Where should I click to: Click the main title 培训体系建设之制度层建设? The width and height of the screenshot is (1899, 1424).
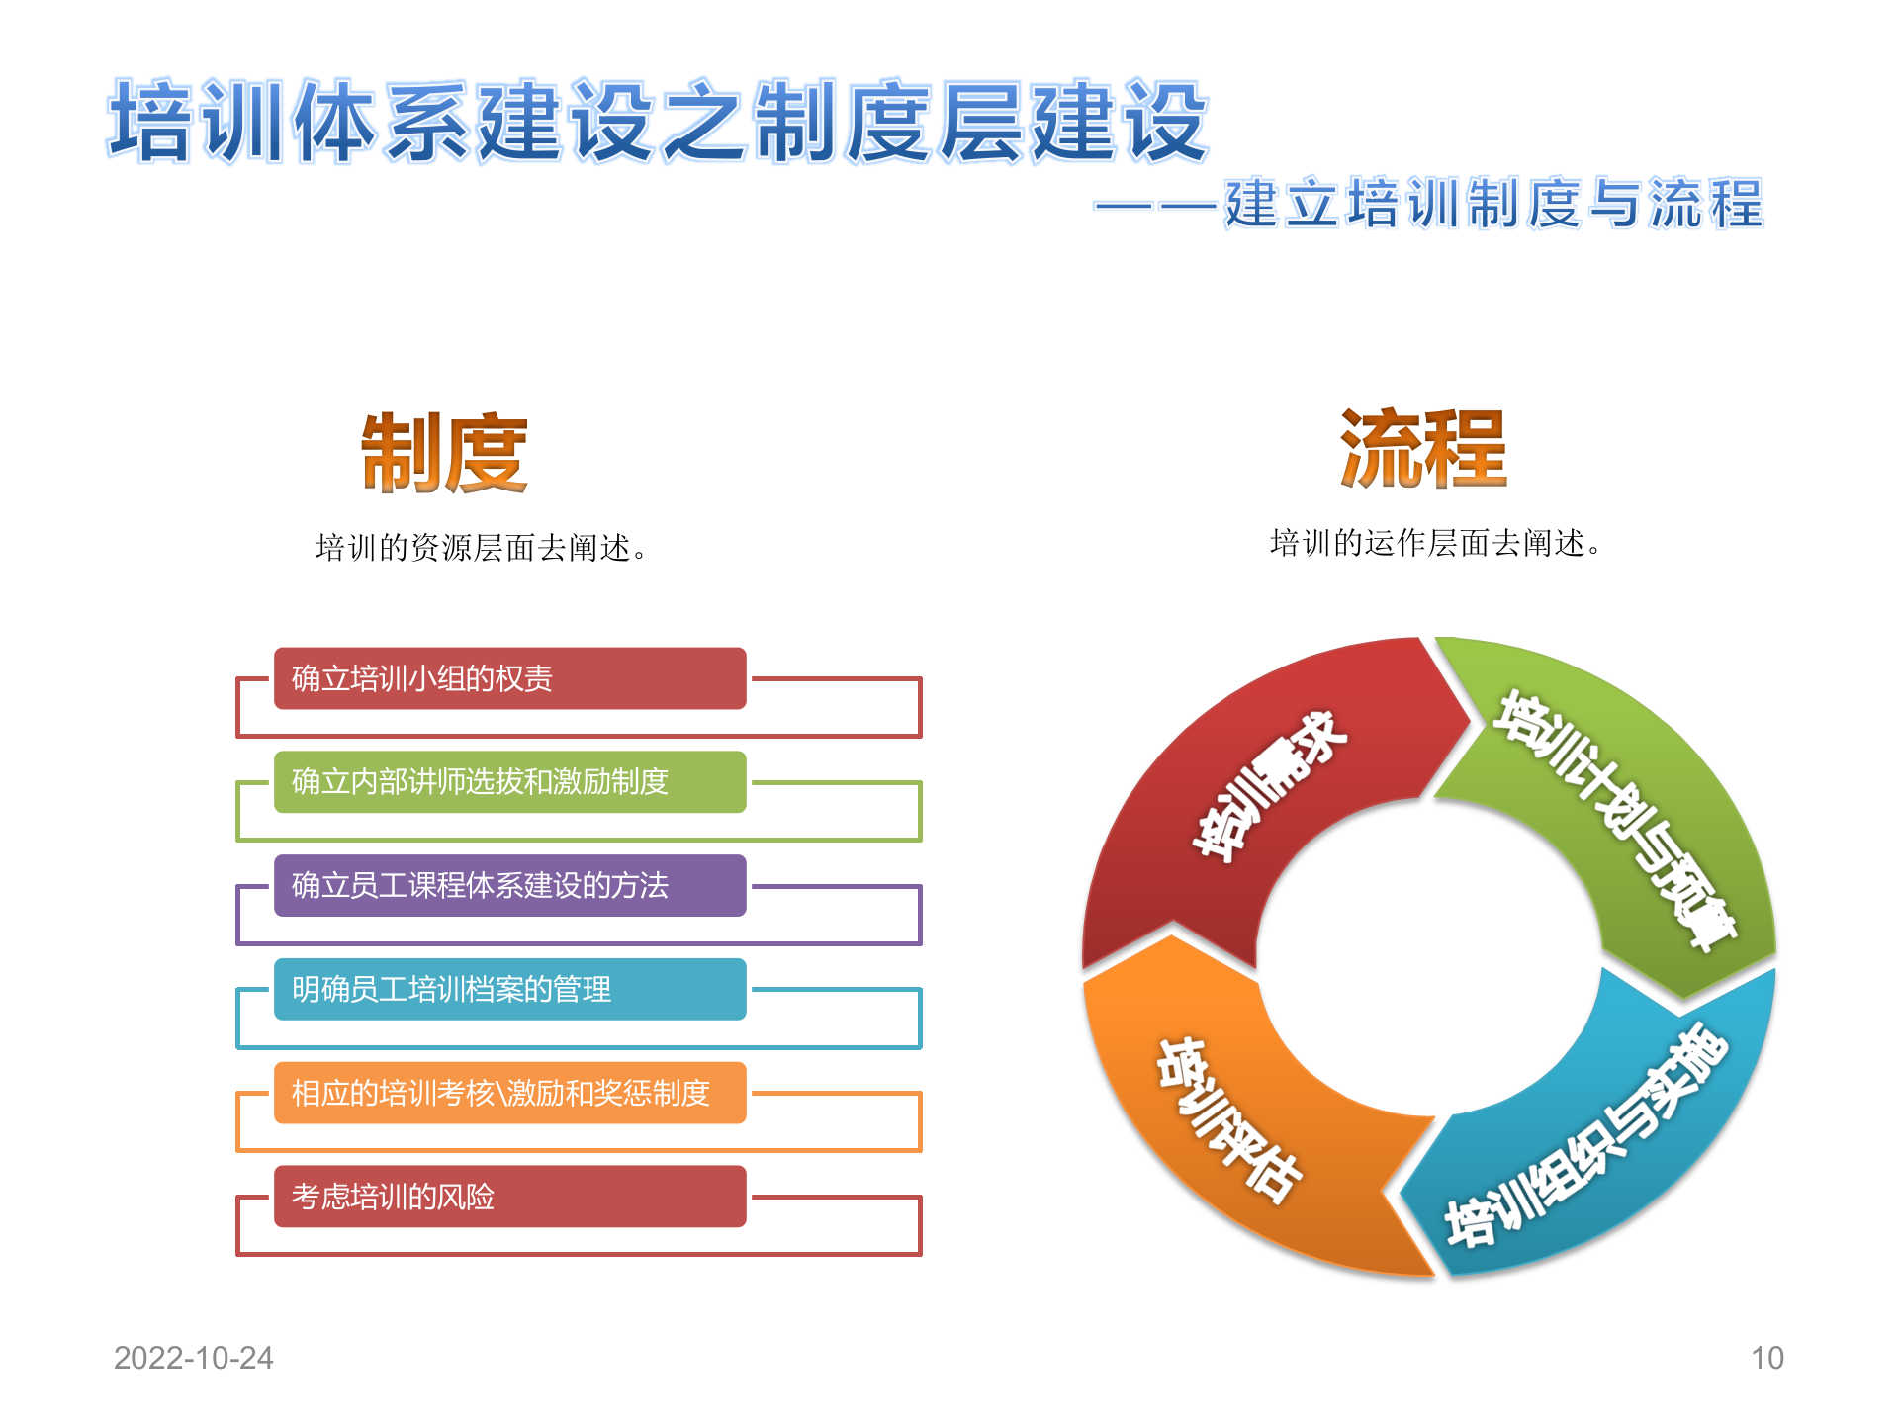(x=658, y=121)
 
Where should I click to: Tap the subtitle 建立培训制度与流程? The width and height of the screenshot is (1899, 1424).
(x=1493, y=204)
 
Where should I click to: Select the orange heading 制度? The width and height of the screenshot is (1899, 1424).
(x=444, y=454)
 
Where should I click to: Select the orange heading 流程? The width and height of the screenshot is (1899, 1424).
(x=1423, y=450)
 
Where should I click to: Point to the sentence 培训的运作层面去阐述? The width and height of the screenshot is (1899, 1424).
(x=1435, y=542)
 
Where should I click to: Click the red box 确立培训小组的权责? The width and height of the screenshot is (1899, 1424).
(x=509, y=678)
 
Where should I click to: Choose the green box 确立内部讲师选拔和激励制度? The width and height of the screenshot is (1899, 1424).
(x=509, y=782)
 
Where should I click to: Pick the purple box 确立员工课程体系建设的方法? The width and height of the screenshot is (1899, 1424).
(x=509, y=885)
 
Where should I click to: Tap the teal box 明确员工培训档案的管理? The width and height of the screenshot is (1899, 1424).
(x=509, y=989)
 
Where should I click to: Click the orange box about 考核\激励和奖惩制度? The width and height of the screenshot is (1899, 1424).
(x=509, y=1093)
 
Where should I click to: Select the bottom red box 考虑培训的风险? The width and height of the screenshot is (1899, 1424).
(x=509, y=1197)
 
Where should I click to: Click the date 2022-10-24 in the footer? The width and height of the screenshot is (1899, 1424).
(x=194, y=1358)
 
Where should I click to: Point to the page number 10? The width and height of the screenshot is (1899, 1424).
(x=1766, y=1358)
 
